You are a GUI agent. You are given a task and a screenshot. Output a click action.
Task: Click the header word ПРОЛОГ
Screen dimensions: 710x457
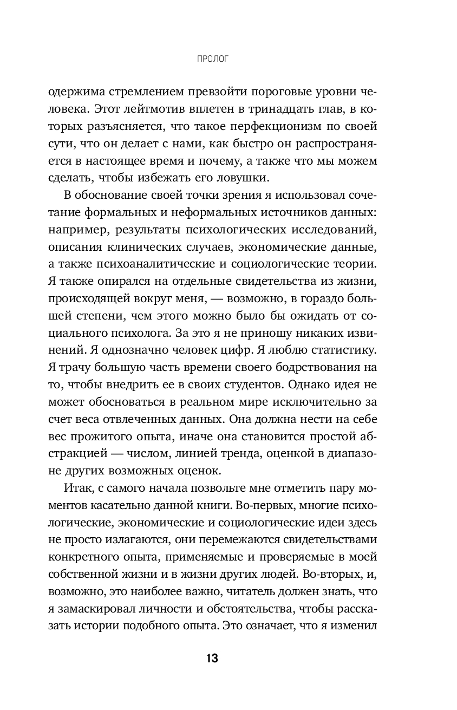click(x=212, y=58)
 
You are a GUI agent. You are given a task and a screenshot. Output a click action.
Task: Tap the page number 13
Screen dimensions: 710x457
click(x=212, y=659)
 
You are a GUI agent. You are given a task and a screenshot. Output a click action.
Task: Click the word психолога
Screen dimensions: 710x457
click(x=147, y=329)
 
